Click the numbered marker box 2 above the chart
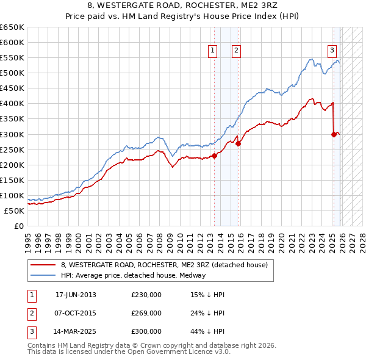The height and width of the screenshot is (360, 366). click(x=236, y=51)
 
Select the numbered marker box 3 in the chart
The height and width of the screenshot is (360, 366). click(x=332, y=51)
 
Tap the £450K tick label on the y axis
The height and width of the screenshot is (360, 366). click(x=12, y=88)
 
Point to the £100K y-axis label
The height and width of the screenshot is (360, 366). click(x=12, y=196)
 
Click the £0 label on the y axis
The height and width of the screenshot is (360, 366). click(x=18, y=226)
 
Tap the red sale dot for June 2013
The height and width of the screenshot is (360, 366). click(x=215, y=156)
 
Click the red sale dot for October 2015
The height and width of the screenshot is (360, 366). click(x=238, y=144)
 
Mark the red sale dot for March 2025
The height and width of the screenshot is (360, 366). click(x=334, y=134)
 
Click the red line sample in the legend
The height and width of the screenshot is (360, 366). click(x=43, y=265)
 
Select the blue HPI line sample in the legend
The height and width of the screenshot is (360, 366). click(x=43, y=275)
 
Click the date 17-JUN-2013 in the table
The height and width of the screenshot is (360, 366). click(x=76, y=295)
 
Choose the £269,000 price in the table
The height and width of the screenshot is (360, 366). click(x=146, y=313)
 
